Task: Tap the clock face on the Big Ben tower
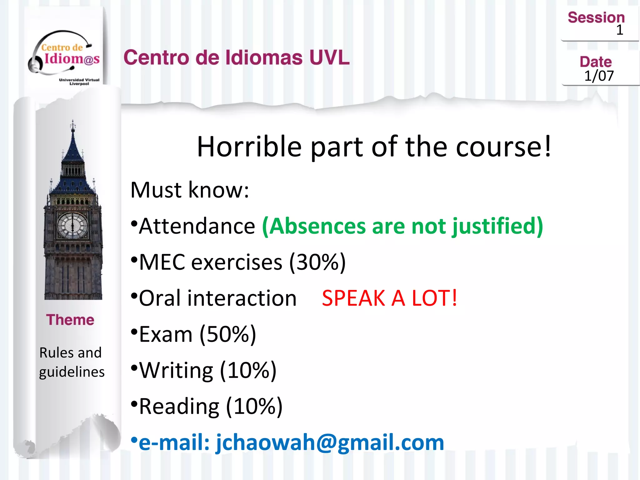coord(72,226)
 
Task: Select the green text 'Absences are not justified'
coord(402,226)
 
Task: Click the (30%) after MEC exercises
coord(317,262)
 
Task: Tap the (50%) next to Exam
coord(228,334)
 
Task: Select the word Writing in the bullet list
coord(176,370)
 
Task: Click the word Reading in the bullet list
coord(179,406)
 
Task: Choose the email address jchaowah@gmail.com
coord(330,442)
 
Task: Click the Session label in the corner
coord(596,17)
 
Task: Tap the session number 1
coord(619,30)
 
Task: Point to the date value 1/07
coord(599,76)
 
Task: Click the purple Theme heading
coord(70,320)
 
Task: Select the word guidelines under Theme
coord(72,372)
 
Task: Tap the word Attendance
coord(197,226)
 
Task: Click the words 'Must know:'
coord(190,190)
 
